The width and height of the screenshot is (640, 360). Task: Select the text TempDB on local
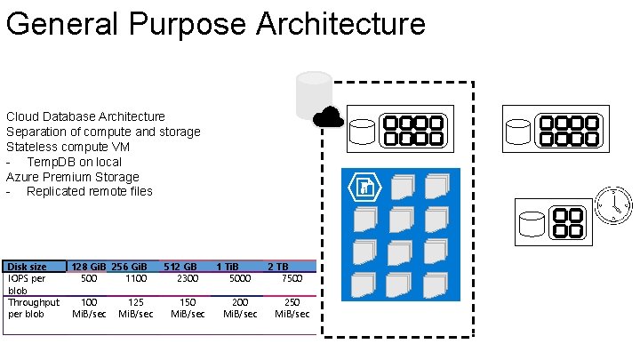[x=75, y=162]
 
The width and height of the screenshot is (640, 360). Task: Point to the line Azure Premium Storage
[x=73, y=177]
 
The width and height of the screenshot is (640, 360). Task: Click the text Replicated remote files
[x=90, y=191]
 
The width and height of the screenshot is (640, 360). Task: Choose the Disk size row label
[x=28, y=267]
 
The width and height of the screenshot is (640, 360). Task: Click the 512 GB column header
[x=180, y=267]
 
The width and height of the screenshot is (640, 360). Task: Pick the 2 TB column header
[x=278, y=267]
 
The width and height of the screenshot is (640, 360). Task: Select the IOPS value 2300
[x=188, y=278]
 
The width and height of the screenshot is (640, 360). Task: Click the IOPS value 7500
[x=292, y=278]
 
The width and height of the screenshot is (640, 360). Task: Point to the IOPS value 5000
[x=240, y=278]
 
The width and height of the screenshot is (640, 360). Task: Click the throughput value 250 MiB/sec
[x=292, y=308]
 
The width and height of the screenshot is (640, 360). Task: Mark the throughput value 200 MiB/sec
[x=240, y=308]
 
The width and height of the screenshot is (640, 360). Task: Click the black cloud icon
[x=328, y=117]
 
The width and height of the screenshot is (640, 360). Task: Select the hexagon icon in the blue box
[x=364, y=187]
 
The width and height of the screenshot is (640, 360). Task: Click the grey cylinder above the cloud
[x=314, y=91]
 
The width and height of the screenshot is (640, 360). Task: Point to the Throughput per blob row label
[x=34, y=308]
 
